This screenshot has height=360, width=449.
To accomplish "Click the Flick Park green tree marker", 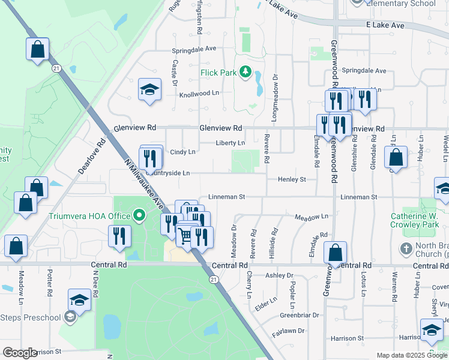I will point(245,73).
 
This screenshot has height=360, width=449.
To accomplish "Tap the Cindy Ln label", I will point(183,152).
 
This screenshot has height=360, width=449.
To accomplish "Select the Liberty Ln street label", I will point(231,143).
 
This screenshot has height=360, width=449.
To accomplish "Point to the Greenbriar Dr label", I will point(300,314).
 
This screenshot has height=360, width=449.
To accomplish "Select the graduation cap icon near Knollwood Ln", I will point(149,90).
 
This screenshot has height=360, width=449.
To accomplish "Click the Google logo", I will point(20,353).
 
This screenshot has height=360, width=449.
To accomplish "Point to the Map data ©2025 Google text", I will point(411,355).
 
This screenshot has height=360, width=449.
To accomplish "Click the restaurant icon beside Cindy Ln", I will point(150,158).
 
